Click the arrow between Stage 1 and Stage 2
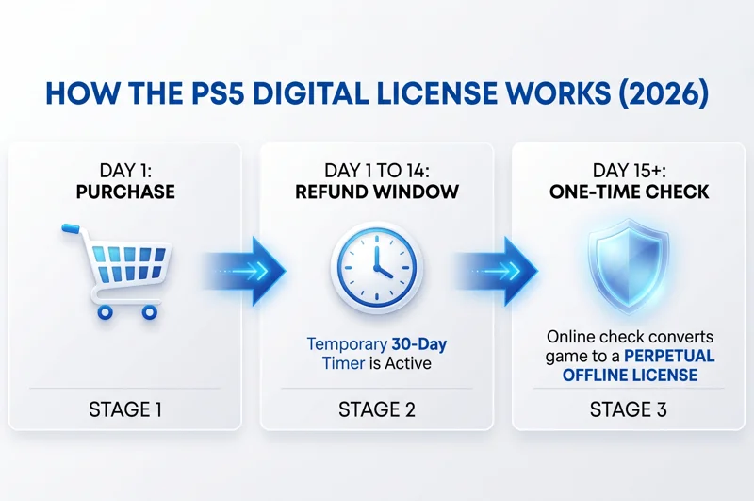click(x=248, y=271)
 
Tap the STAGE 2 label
click(x=376, y=410)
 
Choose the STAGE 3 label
click(x=628, y=410)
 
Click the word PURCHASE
click(x=126, y=192)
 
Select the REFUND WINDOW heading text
click(x=376, y=192)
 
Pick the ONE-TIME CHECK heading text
click(x=628, y=192)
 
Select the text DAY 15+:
click(x=628, y=171)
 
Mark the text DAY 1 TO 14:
click(x=376, y=171)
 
